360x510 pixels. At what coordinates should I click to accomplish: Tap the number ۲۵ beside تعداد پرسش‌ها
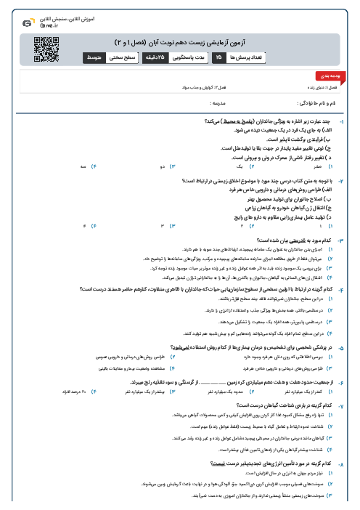point(218,54)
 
